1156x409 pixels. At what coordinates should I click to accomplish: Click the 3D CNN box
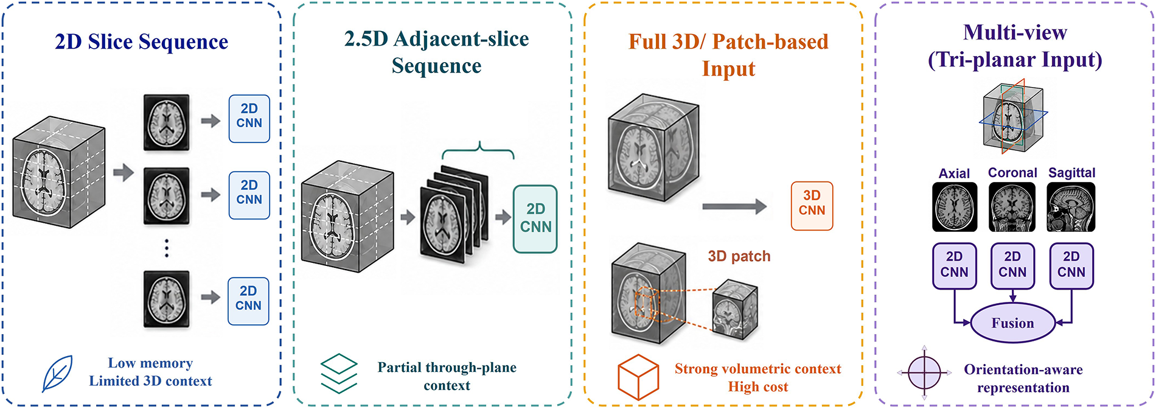pyautogui.click(x=812, y=206)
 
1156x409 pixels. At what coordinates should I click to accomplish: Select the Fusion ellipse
pyautogui.click(x=1012, y=323)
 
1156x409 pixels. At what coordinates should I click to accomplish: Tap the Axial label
pyautogui.click(x=954, y=173)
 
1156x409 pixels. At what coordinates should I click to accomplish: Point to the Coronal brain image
pyautogui.click(x=1012, y=208)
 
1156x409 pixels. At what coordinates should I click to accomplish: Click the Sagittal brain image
pyautogui.click(x=1071, y=208)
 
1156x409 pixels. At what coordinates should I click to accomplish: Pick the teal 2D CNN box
pyautogui.click(x=535, y=218)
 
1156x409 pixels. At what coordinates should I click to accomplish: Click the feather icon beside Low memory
pyautogui.click(x=57, y=373)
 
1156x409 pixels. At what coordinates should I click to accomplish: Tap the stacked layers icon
pyautogui.click(x=339, y=373)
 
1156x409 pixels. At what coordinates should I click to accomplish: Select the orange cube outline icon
pyautogui.click(x=638, y=377)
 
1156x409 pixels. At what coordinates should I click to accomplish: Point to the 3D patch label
pyautogui.click(x=739, y=256)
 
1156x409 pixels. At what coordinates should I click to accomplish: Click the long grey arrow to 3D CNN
pyautogui.click(x=734, y=206)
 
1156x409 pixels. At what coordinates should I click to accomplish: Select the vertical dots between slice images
pyautogui.click(x=166, y=248)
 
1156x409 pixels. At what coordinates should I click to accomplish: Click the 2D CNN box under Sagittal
pyautogui.click(x=1071, y=266)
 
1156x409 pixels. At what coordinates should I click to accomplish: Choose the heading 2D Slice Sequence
pyautogui.click(x=142, y=42)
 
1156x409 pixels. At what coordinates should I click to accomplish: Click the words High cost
pyautogui.click(x=758, y=387)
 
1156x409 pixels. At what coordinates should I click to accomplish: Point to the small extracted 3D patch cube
pyautogui.click(x=735, y=309)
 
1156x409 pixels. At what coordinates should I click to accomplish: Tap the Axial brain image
pyautogui.click(x=955, y=208)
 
